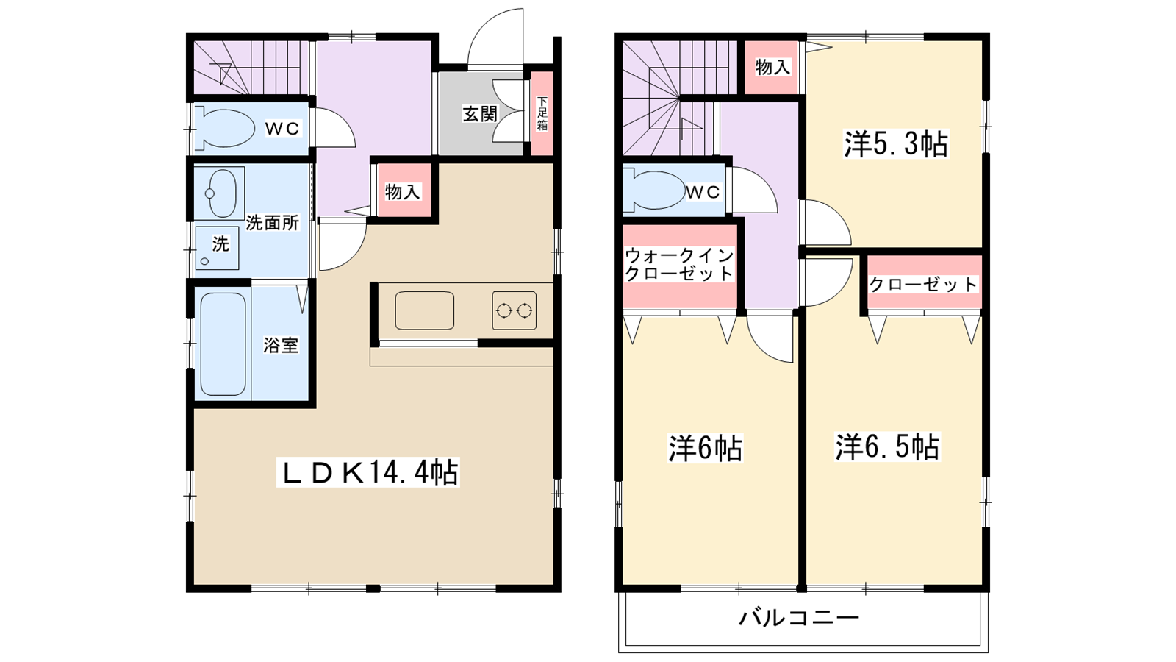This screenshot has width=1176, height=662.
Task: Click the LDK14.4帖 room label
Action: [368, 472]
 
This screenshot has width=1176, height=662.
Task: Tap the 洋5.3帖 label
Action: [895, 144]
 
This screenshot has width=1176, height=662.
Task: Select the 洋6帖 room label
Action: [705, 448]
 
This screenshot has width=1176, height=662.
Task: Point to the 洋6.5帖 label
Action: [887, 447]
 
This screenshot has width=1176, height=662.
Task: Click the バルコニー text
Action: [799, 616]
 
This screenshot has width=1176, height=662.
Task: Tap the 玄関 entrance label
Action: [479, 114]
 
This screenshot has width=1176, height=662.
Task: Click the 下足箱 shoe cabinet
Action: [542, 113]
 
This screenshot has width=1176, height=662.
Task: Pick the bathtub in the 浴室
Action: [223, 344]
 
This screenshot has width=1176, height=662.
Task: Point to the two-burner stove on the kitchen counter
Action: [514, 310]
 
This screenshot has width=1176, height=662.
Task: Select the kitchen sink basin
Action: [424, 310]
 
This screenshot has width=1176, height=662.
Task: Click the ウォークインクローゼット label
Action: [679, 265]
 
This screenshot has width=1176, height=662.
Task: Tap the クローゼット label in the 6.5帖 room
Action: [923, 284]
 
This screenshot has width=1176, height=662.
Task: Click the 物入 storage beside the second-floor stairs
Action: [772, 67]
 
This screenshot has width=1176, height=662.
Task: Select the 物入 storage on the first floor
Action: [402, 192]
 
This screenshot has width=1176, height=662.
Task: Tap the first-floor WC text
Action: [282, 129]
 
